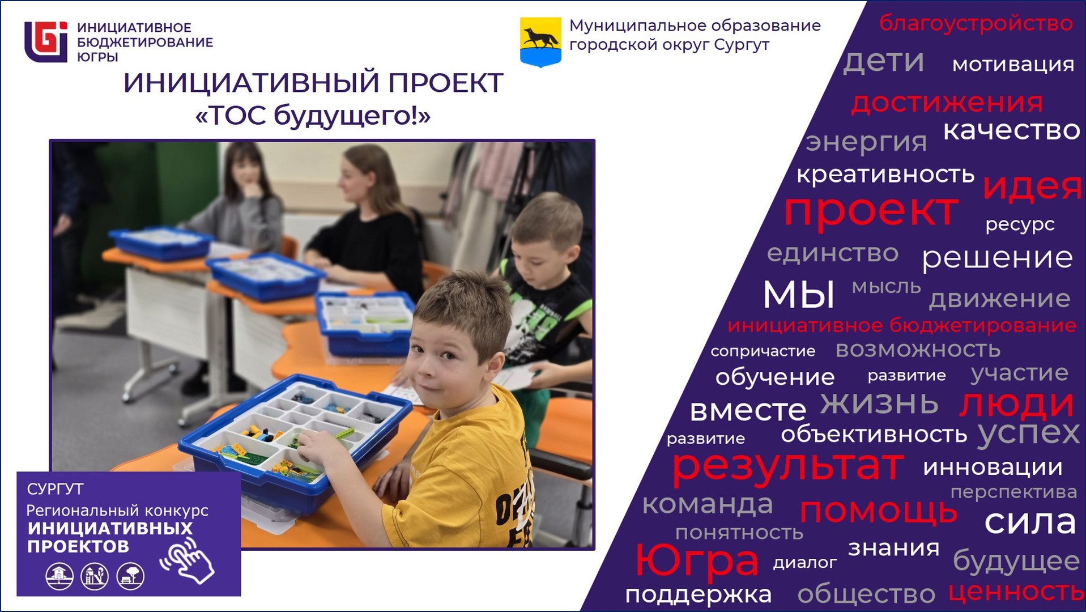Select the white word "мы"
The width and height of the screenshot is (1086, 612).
coord(798,294)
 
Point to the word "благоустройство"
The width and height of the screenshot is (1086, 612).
coord(976,23)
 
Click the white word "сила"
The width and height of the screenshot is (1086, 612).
coord(1030,521)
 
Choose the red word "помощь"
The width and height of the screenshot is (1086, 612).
coord(878,511)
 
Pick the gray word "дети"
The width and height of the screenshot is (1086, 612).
coord(884,61)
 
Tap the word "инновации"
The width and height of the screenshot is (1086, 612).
coord(993,467)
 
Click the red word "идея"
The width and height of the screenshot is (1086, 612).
coord(1032,187)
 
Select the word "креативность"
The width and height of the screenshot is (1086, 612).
coord(885,175)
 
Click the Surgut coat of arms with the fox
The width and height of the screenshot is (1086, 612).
coord(540,42)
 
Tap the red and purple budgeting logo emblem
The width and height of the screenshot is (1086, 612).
coord(46,41)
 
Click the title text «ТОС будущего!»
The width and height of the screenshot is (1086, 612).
coord(313,116)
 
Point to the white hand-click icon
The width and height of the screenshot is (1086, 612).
coord(188,561)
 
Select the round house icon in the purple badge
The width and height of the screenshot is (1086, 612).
coord(59,576)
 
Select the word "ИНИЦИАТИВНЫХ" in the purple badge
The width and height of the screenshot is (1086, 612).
coord(110,528)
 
